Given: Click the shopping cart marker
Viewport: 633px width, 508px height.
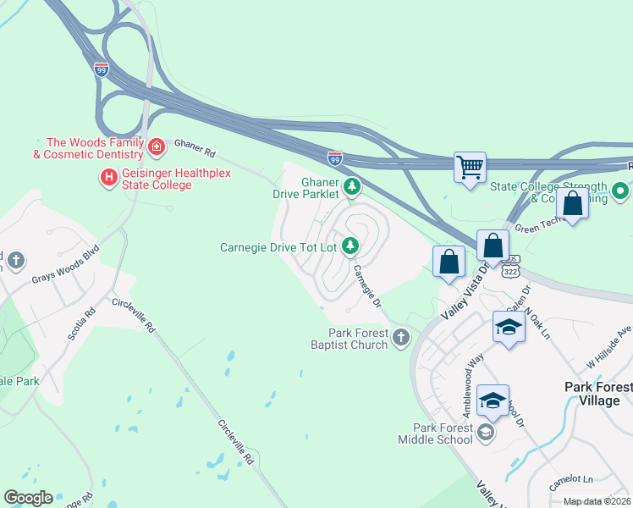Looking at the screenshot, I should click(470, 166).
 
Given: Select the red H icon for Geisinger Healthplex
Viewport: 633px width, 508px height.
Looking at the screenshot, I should click(108, 178).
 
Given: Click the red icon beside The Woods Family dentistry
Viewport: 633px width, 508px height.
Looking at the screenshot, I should click(156, 148).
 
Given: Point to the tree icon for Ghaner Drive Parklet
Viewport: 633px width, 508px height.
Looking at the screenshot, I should click(352, 186).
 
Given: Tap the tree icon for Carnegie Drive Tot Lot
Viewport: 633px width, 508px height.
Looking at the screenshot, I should click(350, 247).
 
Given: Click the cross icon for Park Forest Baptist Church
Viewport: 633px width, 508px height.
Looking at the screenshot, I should click(401, 339).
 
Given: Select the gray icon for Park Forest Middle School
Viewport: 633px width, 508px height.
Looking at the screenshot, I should click(485, 433).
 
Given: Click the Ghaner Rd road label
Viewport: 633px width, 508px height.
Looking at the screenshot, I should click(195, 149).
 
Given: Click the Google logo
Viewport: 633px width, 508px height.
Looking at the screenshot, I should click(28, 498).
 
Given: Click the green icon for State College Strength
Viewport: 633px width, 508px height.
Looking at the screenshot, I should click(620, 192).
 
